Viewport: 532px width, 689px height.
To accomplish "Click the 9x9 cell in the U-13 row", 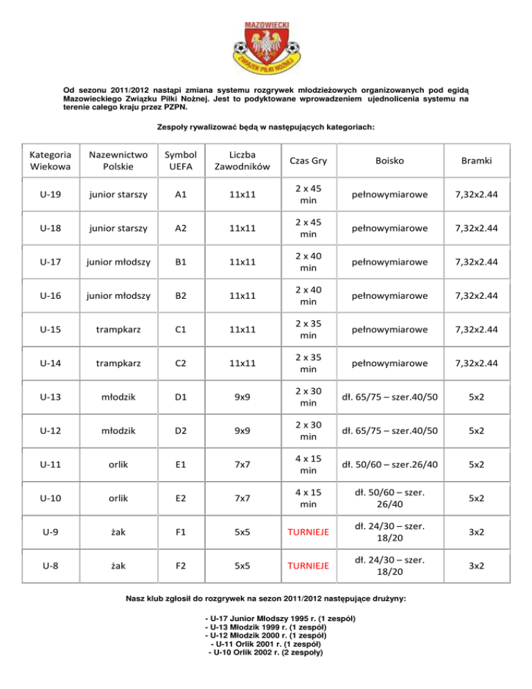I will tap(242, 397).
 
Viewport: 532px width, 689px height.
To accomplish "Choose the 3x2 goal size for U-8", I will tap(475, 566).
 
